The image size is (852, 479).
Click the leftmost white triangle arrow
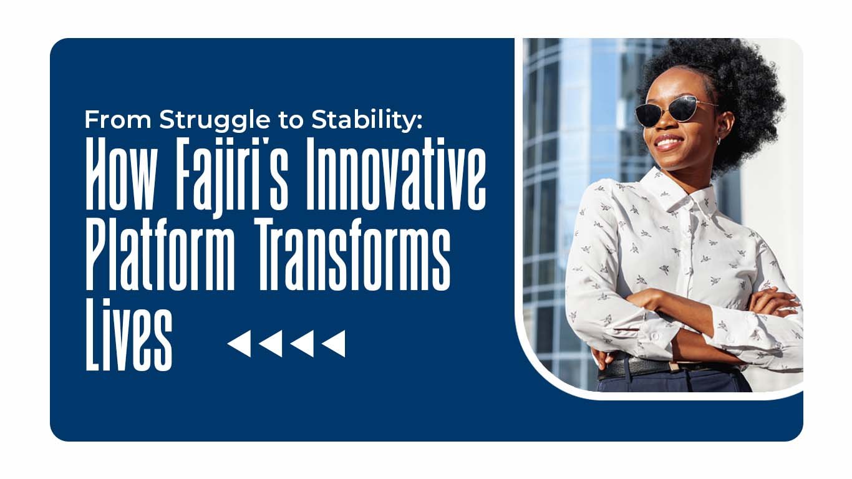[240, 344]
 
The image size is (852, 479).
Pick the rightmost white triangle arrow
[334, 344]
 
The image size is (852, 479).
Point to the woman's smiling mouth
[669, 142]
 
